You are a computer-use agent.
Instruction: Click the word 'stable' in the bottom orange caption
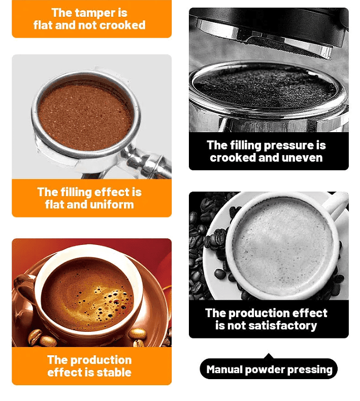tap(114, 373)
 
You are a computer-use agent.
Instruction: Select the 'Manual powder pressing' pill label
tap(269, 369)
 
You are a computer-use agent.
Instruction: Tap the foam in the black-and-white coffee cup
tap(283, 245)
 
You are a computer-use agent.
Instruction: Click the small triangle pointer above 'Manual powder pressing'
tap(269, 356)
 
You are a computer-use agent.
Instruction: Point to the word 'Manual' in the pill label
tap(224, 369)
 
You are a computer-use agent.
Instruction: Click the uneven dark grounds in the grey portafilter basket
tap(265, 87)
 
